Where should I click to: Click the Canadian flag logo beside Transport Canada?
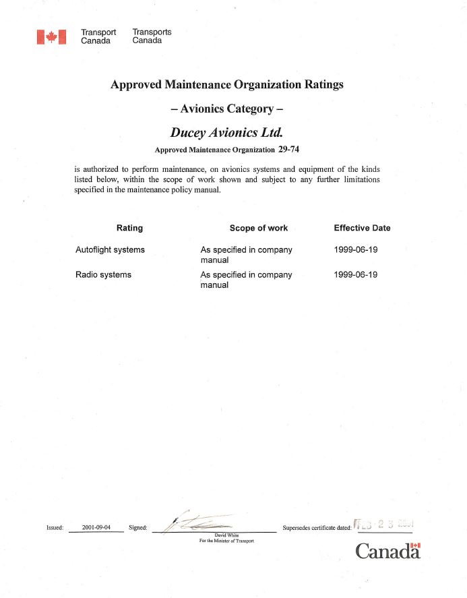tap(52, 36)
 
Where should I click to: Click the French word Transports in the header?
tap(152, 32)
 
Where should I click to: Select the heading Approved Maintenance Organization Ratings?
tap(226, 85)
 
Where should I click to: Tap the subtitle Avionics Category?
tap(226, 109)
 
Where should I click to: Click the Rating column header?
tap(129, 228)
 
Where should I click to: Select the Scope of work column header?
tap(258, 228)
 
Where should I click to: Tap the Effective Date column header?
tap(362, 228)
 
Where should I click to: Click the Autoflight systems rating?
tap(110, 249)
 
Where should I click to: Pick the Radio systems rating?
tap(103, 274)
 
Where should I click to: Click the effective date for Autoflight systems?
tap(356, 249)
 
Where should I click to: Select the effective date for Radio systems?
tap(356, 274)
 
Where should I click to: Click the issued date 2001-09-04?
tap(96, 527)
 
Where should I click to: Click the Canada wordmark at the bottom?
tap(387, 551)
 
